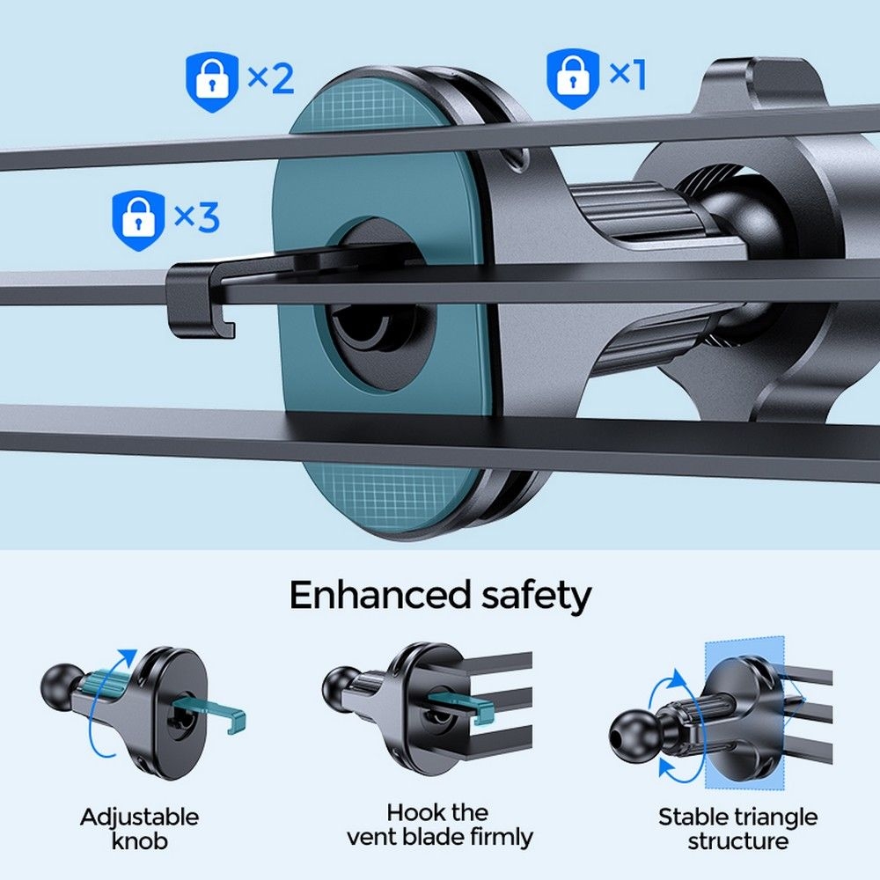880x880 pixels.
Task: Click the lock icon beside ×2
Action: (212, 79)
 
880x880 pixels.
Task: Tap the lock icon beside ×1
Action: (574, 77)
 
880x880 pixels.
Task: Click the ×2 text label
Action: (270, 78)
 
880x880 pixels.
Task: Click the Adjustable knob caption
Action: (140, 828)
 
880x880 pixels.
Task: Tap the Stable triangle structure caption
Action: (737, 828)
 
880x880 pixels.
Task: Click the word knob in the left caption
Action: (140, 840)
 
